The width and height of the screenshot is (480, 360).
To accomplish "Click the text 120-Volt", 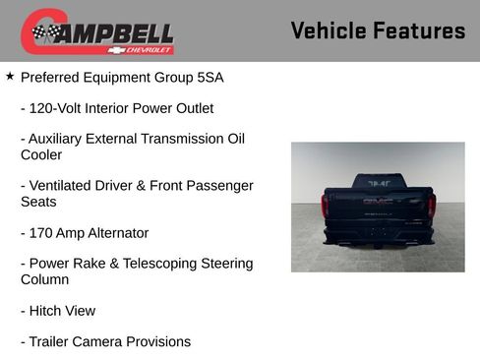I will (59, 108).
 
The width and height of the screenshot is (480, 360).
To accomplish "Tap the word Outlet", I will (191, 108).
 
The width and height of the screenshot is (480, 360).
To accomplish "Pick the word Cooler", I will (41, 154).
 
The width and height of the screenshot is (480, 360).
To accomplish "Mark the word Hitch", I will (47, 311).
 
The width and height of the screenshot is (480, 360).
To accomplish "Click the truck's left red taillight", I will (326, 206).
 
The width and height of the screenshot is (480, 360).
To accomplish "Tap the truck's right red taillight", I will (430, 206).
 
